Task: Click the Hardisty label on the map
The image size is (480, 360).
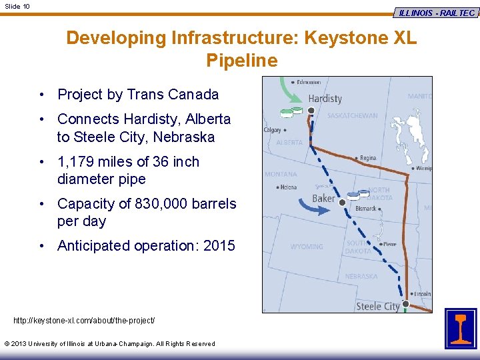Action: pos(325,99)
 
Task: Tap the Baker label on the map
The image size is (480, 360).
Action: pos(324,199)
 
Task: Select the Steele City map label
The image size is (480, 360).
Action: pos(377,307)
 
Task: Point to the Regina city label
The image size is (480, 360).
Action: pos(367,158)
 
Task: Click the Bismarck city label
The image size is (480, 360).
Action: pos(365,209)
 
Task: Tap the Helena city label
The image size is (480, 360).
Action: pos(288,187)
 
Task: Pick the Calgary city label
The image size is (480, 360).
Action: pos(272,130)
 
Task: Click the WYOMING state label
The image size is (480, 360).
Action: pos(307,247)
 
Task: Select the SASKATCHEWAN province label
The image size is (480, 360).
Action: pos(352,116)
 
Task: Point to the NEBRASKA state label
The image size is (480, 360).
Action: pos(361,276)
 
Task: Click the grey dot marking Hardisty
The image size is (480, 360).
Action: pos(311,110)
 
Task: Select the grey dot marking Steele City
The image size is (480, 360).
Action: pos(405,303)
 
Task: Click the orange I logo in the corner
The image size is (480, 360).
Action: pos(461,328)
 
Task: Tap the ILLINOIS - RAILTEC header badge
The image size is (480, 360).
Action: pos(437,13)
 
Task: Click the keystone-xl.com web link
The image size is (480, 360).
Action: pos(84,321)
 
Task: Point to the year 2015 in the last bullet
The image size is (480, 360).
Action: pos(219,245)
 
